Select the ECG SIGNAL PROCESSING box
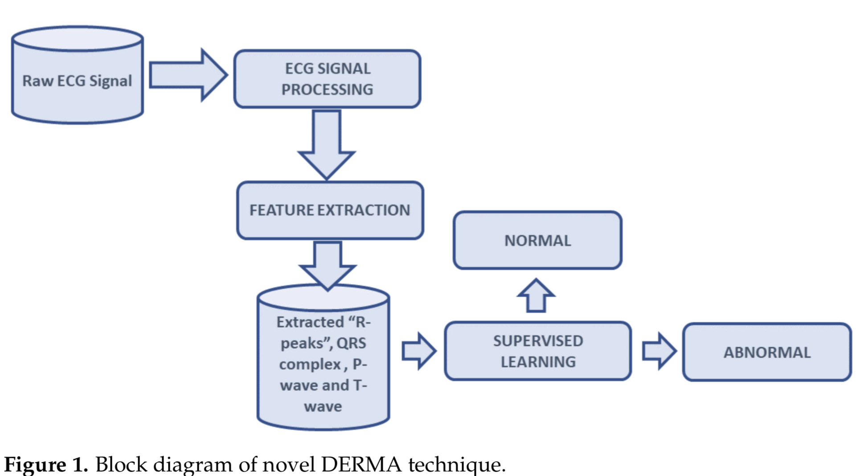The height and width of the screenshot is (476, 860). pos(327,79)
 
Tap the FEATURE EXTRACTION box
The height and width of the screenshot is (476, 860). pos(330,210)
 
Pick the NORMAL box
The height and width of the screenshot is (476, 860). pos(537,241)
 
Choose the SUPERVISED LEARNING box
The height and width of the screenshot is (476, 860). pos(538,351)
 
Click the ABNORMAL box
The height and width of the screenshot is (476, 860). pos(767,352)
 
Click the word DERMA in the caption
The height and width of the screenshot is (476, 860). pos(361,464)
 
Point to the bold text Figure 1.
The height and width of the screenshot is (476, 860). pos(46,464)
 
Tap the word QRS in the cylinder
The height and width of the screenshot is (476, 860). pos(351,343)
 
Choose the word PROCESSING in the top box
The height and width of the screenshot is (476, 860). pos(327,90)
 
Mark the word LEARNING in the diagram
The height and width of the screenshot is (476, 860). pos(538,362)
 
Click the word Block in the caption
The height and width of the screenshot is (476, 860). pos(121,464)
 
